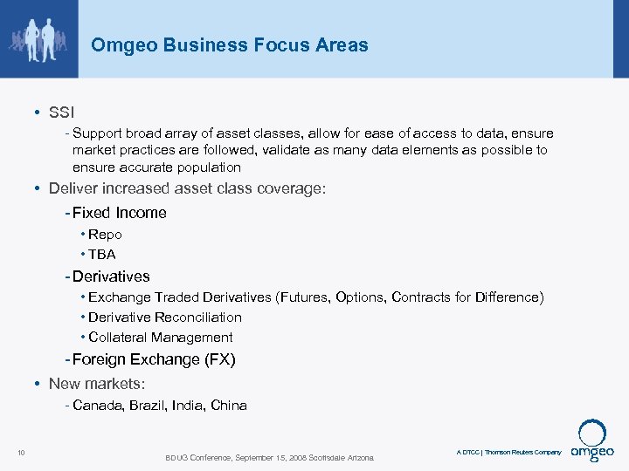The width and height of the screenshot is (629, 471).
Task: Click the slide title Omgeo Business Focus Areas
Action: click(230, 44)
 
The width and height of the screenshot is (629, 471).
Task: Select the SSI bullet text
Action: click(62, 113)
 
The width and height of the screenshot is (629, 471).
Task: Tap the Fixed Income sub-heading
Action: click(120, 213)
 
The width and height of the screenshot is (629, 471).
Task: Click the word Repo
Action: click(105, 235)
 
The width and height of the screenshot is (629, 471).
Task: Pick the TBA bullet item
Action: click(102, 255)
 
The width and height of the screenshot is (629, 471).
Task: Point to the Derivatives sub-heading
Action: click(112, 276)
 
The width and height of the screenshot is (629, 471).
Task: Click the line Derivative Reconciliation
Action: click(165, 317)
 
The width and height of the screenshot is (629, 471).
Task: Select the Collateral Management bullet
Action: click(161, 338)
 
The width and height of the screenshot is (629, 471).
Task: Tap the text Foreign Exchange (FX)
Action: click(155, 359)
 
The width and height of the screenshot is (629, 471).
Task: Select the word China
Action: click(229, 406)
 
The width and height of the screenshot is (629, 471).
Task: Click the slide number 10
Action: click(21, 452)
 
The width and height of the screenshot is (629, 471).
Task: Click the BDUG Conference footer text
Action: click(269, 458)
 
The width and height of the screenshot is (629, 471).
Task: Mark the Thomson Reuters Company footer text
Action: click(523, 453)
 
